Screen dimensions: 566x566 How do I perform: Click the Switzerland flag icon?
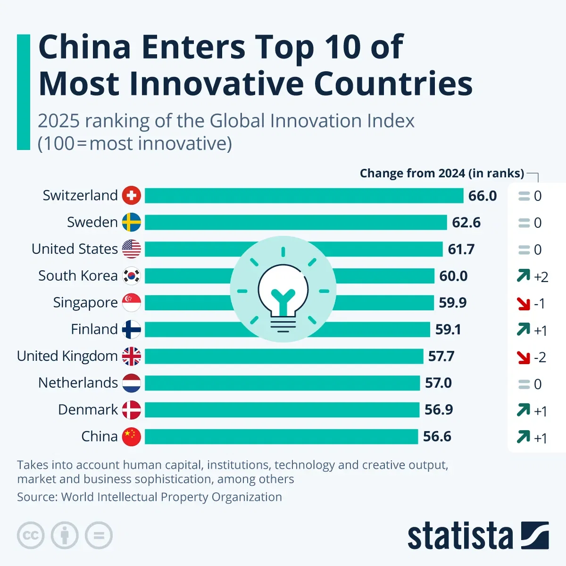[132, 195]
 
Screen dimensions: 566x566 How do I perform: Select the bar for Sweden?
[295, 222]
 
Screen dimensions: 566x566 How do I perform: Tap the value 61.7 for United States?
[461, 249]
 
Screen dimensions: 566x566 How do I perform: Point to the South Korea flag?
[132, 276]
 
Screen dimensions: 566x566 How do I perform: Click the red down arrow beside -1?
[524, 303]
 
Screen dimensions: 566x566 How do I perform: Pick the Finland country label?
[94, 329]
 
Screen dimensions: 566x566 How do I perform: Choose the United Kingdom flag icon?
[132, 356]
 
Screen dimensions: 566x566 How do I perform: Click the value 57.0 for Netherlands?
[438, 383]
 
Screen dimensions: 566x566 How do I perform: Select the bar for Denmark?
[282, 410]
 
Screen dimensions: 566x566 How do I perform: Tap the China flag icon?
[132, 437]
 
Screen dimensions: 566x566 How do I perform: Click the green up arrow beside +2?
[524, 275]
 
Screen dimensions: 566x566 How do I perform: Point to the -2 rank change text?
[540, 358]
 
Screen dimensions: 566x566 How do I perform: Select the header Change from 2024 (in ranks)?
[441, 173]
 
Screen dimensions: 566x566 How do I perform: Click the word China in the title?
[84, 47]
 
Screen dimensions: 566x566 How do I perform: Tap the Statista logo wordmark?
[460, 536]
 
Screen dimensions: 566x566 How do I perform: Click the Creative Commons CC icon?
[31, 535]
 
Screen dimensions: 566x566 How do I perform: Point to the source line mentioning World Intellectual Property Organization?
[150, 497]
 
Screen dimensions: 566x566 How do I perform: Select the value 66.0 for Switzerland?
[483, 196]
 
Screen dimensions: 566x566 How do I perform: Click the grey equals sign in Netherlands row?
[524, 384]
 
